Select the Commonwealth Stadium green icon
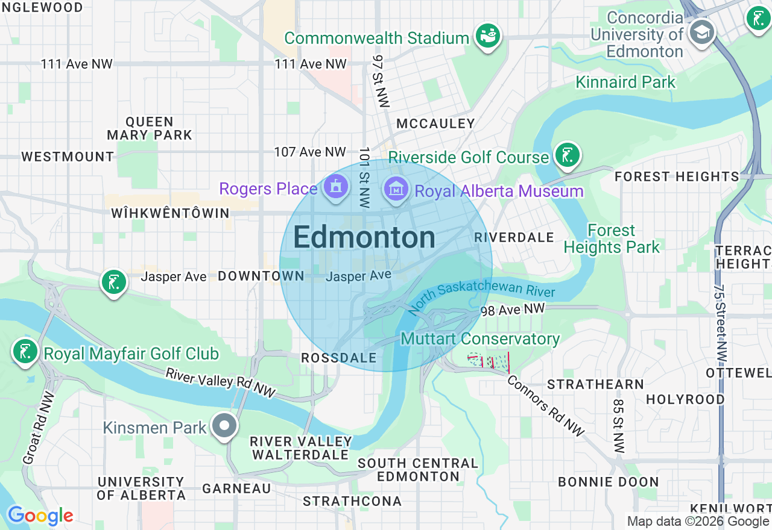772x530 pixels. pos(487,36)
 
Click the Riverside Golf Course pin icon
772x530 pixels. pos(567,155)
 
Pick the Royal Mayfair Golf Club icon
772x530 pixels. pos(25,352)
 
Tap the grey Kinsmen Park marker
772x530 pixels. pos(224,426)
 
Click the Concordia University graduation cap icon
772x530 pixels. pos(701,31)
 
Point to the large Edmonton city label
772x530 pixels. pos(364,238)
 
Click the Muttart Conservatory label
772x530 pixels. pos(480,339)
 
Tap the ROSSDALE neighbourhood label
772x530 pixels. pos(338,358)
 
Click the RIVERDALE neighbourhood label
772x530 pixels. pos(514,237)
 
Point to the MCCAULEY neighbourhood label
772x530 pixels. pos(435,124)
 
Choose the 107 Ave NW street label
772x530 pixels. pos(310,152)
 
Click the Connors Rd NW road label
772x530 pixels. pos(545,405)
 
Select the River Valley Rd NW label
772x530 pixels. pos(220,383)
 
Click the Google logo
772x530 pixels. pos(40,516)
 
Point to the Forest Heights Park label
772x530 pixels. pos(612,239)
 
